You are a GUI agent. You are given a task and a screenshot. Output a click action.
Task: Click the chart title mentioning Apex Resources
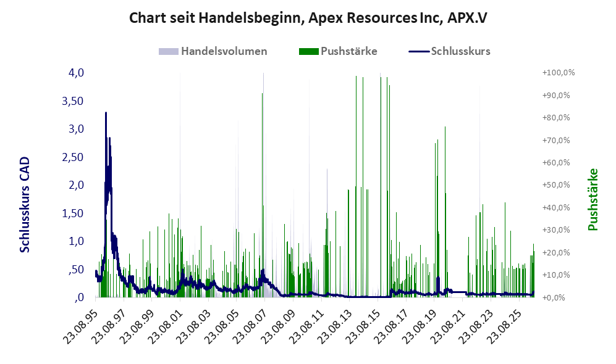pos(308,18)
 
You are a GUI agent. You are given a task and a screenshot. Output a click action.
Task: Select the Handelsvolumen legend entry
pos(213,51)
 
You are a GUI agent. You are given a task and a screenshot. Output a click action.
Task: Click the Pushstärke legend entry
pos(338,51)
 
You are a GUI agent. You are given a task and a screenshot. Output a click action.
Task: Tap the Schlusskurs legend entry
pos(449,51)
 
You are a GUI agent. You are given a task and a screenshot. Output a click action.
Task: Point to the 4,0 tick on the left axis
pos(76,73)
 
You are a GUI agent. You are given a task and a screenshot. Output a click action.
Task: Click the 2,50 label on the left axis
pos(73,157)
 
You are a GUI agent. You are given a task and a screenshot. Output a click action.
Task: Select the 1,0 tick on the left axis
pos(76,241)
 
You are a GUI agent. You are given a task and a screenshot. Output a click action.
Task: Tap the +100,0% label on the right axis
pos(559,73)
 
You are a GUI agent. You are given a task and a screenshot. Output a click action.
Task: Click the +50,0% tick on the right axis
pos(556,184)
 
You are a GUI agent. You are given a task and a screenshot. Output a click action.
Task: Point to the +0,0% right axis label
pos(554,297)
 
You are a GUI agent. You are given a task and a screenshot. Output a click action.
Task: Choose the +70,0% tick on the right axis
pos(556,140)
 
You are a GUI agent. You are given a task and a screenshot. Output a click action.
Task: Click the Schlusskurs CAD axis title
pos(25,205)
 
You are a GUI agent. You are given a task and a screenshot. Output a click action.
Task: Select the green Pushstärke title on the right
pos(593,199)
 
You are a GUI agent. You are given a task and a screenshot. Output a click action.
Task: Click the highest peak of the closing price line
pos(106,113)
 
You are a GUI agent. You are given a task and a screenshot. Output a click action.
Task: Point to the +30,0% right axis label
pos(556,230)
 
